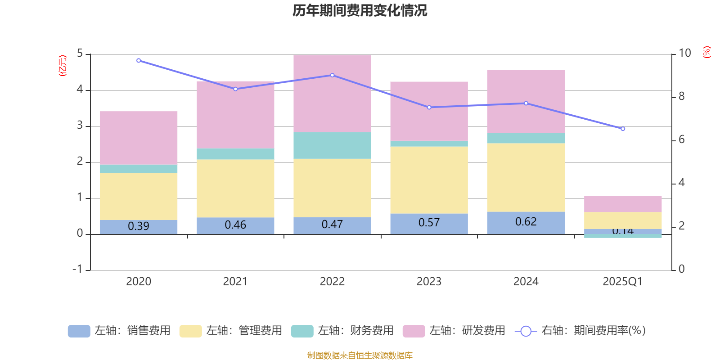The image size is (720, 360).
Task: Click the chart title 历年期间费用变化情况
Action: tap(360, 10)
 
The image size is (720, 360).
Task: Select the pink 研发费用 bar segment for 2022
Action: tap(332, 93)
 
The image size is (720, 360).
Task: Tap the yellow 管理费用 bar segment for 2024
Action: tap(526, 177)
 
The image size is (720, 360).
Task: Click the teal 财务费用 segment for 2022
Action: tap(332, 145)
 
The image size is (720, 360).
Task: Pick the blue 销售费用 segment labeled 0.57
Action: tap(429, 223)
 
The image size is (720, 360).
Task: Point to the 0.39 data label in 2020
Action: tap(139, 226)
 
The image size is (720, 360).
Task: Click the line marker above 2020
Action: tap(139, 61)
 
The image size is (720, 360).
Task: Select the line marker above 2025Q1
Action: tap(623, 129)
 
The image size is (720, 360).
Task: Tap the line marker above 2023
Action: tap(429, 108)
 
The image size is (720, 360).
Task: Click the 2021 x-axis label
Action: tap(235, 282)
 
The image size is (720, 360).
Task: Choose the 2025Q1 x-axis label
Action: tap(622, 282)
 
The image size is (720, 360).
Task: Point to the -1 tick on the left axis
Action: tap(78, 269)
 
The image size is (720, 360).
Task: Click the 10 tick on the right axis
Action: tap(684, 53)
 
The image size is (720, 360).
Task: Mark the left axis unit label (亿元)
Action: tap(63, 66)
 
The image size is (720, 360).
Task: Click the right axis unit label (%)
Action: tap(707, 52)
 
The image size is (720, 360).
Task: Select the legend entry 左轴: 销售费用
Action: tap(119, 331)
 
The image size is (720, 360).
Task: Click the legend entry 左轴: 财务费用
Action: tap(342, 331)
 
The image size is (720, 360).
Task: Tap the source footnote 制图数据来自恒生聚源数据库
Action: tap(360, 355)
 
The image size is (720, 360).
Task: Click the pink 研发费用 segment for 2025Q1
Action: tap(623, 204)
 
